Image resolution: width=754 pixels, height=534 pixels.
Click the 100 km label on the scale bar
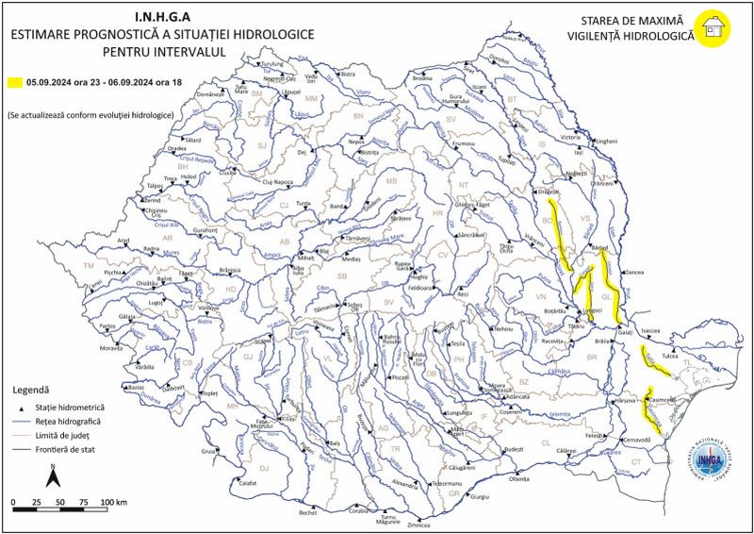click(113, 501)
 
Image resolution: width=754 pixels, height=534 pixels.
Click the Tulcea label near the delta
click(670, 357)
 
